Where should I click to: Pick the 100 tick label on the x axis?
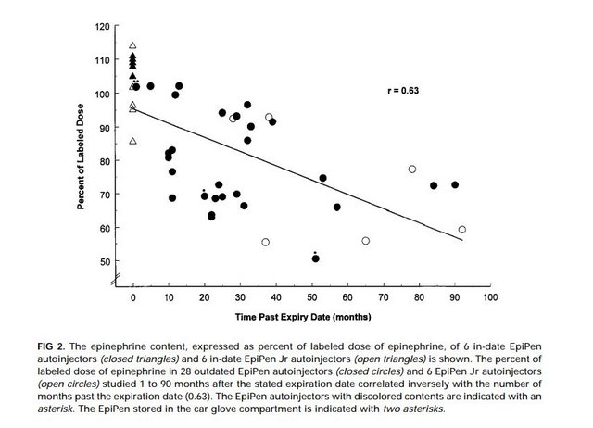coord(489,297)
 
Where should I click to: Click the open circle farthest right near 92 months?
coord(461,229)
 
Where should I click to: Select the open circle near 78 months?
coord(412,170)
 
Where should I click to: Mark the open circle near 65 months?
coord(366,241)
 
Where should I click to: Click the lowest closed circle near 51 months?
coord(316,258)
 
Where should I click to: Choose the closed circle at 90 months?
coord(455,185)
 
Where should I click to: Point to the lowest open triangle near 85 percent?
coord(133,141)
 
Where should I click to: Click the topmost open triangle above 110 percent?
coord(133,45)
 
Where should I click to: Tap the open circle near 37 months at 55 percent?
coord(266,242)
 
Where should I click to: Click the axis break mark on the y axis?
coord(116,280)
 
